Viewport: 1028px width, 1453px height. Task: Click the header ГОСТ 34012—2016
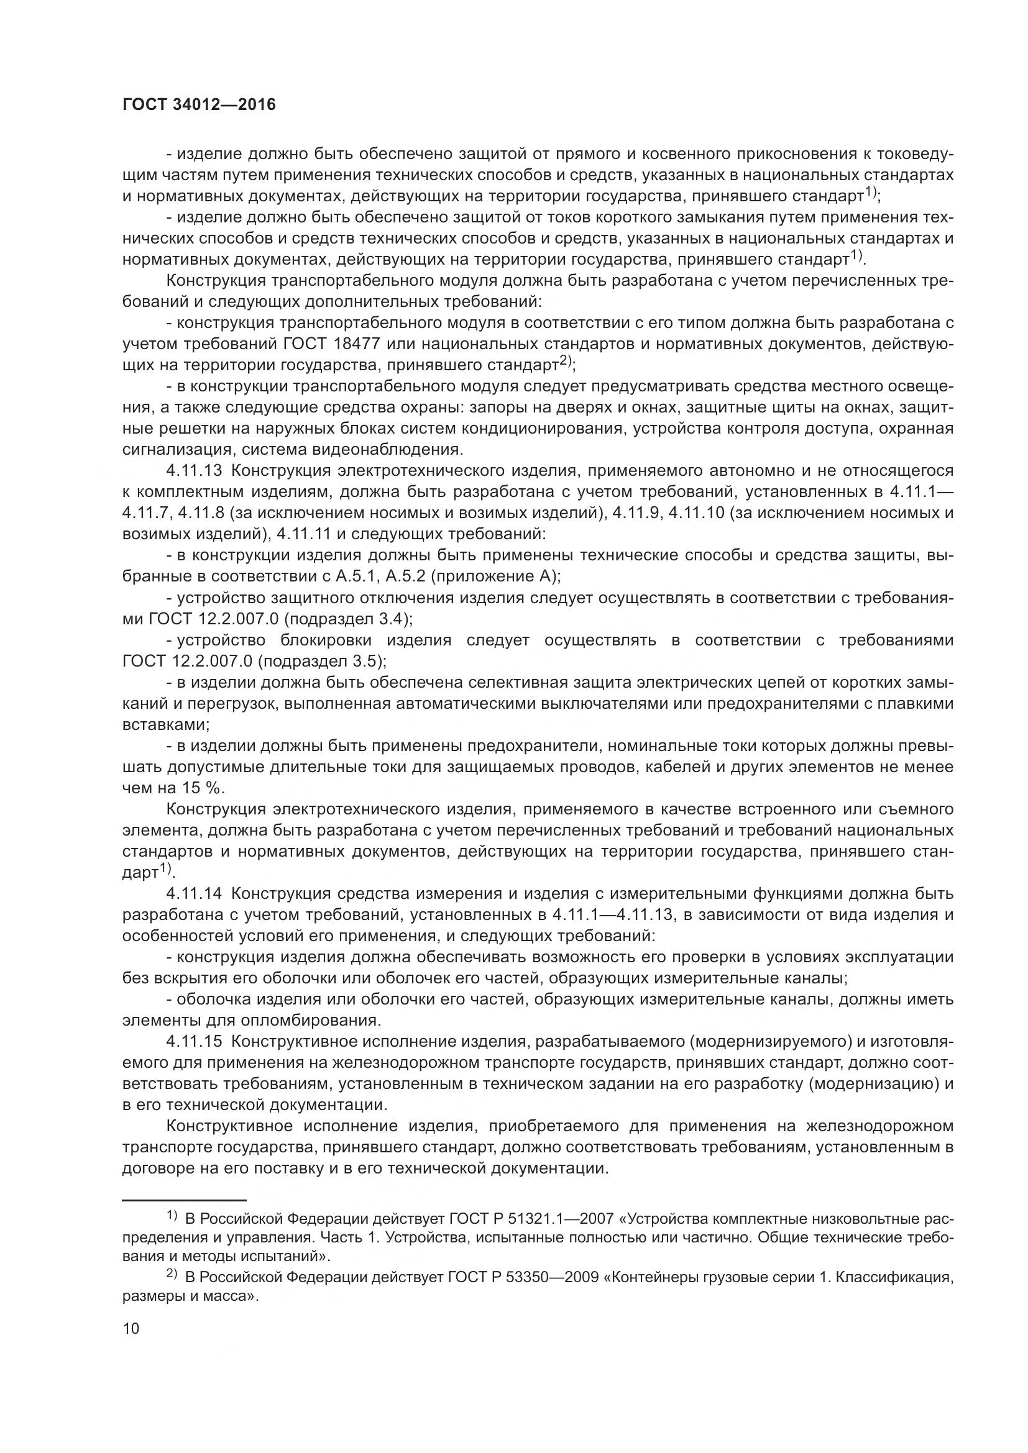tap(199, 104)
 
